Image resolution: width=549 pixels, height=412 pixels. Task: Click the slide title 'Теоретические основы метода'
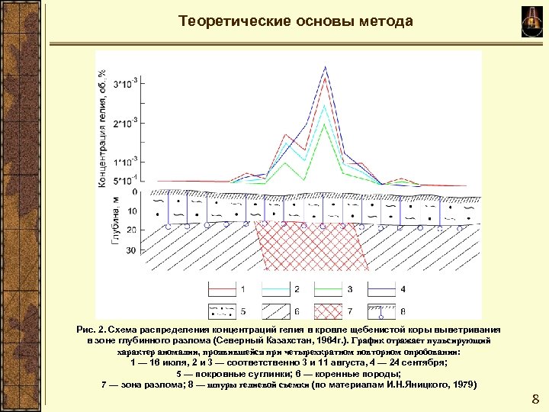click(x=296, y=21)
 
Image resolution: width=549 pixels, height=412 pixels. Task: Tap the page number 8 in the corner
click(x=535, y=398)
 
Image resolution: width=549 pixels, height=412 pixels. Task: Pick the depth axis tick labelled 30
click(x=130, y=250)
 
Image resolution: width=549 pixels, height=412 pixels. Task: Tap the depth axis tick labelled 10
click(x=130, y=211)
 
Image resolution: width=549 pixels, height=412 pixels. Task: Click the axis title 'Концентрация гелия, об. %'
click(x=102, y=126)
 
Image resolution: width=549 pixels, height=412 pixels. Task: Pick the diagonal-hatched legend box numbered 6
click(x=274, y=311)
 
